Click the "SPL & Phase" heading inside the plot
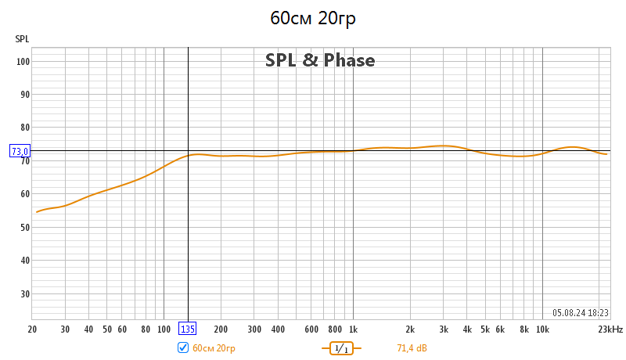320,60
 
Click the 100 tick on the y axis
23,61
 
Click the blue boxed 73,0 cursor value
20,151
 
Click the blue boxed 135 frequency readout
188,329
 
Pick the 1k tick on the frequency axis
353,329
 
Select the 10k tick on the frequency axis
541,329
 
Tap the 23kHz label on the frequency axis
610,329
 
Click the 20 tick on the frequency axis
32,329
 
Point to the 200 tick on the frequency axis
221,329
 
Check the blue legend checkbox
183,347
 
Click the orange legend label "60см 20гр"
214,347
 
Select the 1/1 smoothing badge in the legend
340,347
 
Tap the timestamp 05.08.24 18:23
580,311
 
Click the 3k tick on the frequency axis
444,329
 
